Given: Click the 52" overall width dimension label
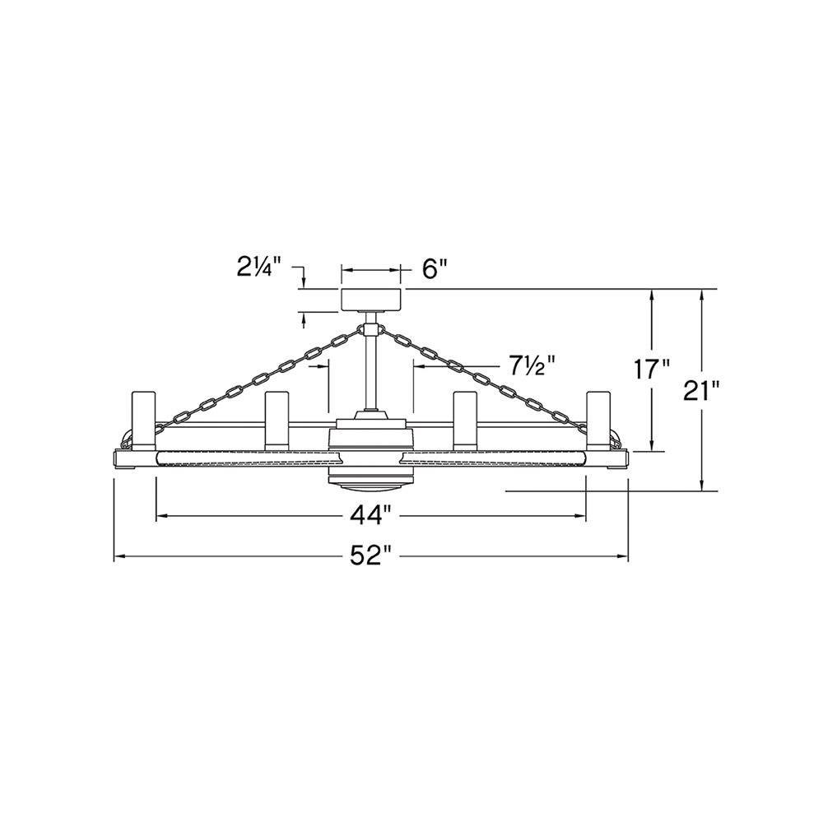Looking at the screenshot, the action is pyautogui.click(x=371, y=556).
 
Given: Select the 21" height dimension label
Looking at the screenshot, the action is pyautogui.click(x=700, y=390).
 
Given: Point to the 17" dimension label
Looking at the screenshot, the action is pyautogui.click(x=651, y=369).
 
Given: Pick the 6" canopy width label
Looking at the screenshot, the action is pyautogui.click(x=434, y=270).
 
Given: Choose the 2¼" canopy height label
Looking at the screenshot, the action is pyautogui.click(x=258, y=268).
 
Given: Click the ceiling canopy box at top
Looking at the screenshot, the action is pyautogui.click(x=372, y=300).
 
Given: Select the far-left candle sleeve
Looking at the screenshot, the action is pyautogui.click(x=143, y=421).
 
